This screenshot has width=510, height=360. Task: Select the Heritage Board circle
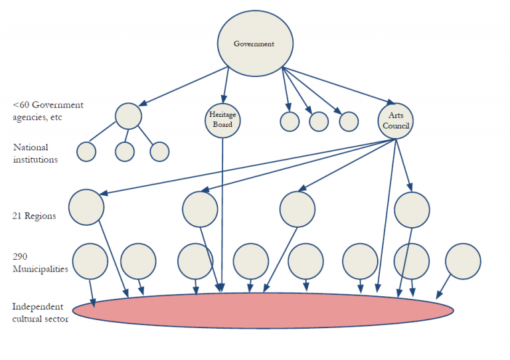pos(222,119)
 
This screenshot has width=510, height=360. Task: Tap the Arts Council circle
pos(396,120)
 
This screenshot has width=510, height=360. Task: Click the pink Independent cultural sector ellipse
pos(262,310)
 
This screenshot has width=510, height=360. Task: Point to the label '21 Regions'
pos(34,216)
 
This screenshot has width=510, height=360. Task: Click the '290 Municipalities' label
pos(40,262)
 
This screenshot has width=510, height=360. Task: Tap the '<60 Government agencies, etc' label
pos(48,110)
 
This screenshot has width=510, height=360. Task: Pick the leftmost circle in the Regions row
pos(86,207)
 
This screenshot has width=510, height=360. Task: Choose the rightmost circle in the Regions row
pos(412,210)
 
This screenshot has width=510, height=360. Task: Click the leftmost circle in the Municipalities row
pos(90,261)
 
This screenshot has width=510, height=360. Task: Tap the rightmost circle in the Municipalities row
pos(463,261)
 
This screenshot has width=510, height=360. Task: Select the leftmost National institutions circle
pos(86,151)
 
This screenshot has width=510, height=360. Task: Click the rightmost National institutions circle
pos(159,151)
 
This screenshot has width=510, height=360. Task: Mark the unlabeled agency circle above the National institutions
pos(128,116)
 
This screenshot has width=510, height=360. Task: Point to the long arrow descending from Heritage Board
pos(222,213)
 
